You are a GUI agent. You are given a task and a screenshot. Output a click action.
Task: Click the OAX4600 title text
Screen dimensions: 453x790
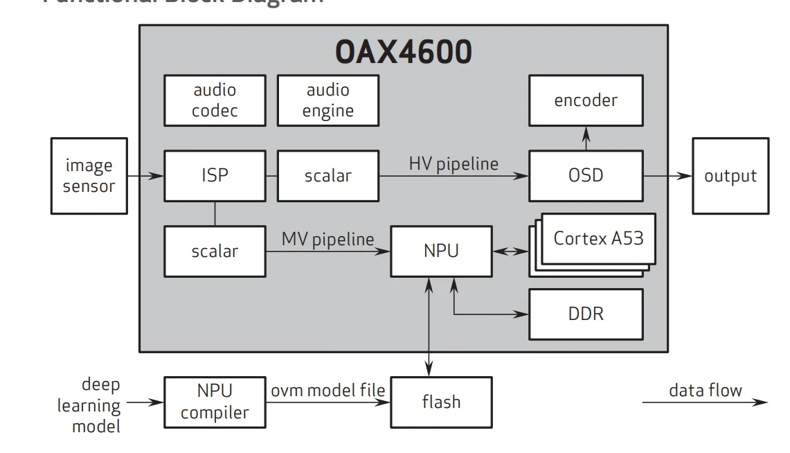click(403, 52)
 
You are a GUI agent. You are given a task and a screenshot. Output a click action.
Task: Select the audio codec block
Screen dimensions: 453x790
click(215, 100)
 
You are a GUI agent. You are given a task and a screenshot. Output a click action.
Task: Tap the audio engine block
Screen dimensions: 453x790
click(328, 100)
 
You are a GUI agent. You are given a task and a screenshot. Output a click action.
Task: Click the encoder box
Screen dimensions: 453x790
click(586, 100)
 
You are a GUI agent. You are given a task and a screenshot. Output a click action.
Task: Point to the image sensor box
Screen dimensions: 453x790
click(89, 176)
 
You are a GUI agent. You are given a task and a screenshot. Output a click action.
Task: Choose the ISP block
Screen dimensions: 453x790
click(215, 176)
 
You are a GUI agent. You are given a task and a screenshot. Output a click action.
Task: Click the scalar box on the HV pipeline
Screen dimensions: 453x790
click(328, 176)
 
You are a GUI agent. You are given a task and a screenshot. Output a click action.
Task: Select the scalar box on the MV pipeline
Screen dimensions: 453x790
click(215, 251)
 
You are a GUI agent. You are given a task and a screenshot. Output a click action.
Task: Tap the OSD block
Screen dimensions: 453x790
click(586, 176)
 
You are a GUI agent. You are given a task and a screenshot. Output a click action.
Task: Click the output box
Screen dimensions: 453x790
click(730, 176)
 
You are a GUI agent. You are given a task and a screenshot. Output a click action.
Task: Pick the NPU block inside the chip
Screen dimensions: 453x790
click(441, 251)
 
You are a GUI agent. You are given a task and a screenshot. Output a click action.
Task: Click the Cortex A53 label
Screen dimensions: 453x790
click(598, 238)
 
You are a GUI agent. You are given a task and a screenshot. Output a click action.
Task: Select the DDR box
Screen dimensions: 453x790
click(586, 314)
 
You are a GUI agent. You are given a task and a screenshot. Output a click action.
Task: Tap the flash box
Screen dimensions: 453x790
click(441, 402)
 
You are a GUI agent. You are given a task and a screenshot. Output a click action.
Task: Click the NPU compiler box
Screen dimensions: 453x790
click(215, 402)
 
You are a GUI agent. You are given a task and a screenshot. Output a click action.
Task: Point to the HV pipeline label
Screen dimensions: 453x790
click(454, 164)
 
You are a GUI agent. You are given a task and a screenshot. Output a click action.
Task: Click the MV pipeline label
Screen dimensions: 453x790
click(327, 239)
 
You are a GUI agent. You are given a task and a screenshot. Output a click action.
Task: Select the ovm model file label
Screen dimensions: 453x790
click(327, 390)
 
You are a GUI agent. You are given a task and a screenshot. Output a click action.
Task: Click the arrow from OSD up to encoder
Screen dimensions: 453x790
click(586, 139)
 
